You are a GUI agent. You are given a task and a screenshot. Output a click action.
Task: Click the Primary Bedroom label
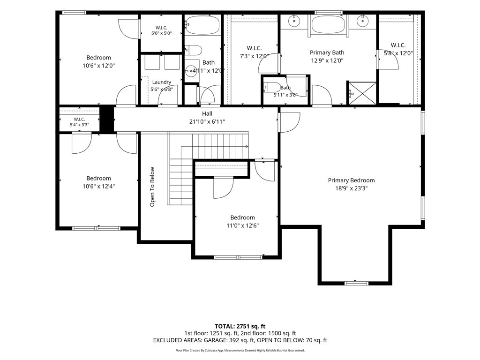(x=351, y=180)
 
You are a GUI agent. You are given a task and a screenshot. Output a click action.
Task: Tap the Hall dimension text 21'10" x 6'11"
(x=207, y=122)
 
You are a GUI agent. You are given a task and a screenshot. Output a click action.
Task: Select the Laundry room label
(x=161, y=82)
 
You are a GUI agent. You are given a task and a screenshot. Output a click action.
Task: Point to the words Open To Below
(x=152, y=187)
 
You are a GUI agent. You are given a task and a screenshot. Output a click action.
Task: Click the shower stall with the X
(x=362, y=93)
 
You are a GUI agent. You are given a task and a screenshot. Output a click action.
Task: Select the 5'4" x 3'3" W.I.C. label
(x=79, y=122)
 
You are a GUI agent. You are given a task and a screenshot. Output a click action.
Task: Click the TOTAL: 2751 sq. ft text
(x=240, y=326)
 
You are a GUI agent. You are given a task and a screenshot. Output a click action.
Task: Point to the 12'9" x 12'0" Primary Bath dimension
(x=327, y=60)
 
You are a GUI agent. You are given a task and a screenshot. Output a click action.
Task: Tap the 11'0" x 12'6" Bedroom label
(x=242, y=222)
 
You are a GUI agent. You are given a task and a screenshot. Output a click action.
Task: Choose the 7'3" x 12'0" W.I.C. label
(x=254, y=52)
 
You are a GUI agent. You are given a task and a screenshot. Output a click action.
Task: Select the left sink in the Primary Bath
(x=294, y=21)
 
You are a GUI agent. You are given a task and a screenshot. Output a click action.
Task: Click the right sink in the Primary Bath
(x=362, y=21)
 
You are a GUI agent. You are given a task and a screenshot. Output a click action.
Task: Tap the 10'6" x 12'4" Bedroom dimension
(x=98, y=186)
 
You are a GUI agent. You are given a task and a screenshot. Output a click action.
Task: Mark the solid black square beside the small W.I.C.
(x=107, y=120)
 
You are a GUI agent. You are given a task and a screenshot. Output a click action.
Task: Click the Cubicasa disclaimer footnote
(x=240, y=350)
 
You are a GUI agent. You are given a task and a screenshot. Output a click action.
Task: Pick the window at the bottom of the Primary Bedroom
(x=356, y=283)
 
